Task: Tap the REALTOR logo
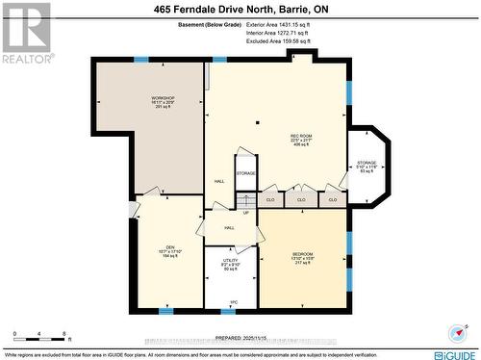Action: coord(25,31)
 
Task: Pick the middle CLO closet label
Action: coord(301,199)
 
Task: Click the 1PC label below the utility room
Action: coord(233,302)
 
